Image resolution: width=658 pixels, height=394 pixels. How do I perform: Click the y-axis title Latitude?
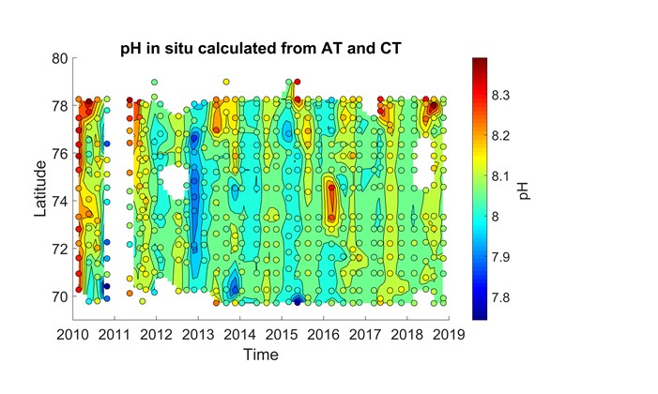[42, 189]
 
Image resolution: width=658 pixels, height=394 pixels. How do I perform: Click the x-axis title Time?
[260, 356]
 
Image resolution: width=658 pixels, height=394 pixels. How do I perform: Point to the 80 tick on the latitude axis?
[59, 58]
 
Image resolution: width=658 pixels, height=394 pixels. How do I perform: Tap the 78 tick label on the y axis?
[59, 106]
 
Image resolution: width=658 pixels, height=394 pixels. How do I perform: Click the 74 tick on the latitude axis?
[59, 202]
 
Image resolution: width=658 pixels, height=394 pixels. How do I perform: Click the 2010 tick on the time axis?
[72, 334]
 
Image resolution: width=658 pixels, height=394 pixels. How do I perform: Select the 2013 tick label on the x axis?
[198, 334]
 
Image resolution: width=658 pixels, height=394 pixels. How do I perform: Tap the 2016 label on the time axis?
[324, 334]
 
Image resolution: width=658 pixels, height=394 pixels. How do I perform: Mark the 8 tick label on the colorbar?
[497, 217]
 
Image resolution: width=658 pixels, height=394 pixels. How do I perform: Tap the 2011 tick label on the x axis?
[115, 334]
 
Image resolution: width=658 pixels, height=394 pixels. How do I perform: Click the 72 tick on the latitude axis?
[59, 250]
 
